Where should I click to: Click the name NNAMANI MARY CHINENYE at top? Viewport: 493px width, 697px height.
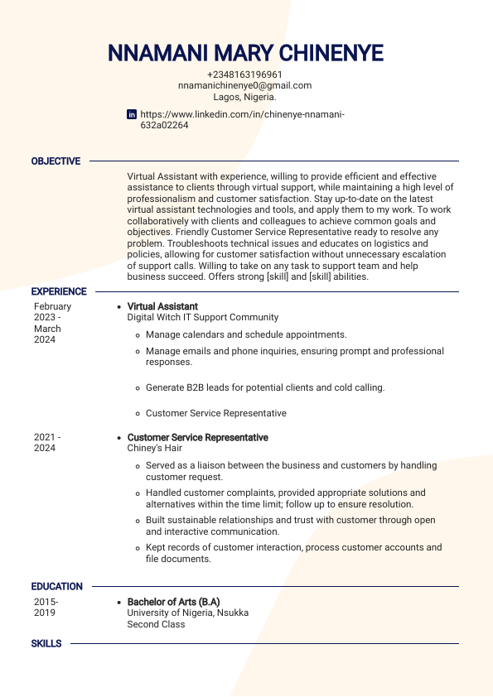pyautogui.click(x=245, y=54)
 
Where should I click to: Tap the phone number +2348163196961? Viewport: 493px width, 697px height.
pyautogui.click(x=244, y=75)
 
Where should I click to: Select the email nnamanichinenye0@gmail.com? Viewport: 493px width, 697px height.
pyautogui.click(x=244, y=85)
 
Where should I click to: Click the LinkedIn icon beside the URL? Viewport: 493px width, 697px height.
pyautogui.click(x=132, y=114)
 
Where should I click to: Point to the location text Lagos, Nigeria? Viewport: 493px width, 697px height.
pyautogui.click(x=244, y=97)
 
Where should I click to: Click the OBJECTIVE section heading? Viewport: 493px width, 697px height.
pyautogui.click(x=56, y=161)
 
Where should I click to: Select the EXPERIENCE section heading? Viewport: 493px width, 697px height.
pyautogui.click(x=59, y=291)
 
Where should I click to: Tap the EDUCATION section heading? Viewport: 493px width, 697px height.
pyautogui.click(x=57, y=586)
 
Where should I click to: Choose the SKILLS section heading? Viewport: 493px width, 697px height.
pyautogui.click(x=46, y=643)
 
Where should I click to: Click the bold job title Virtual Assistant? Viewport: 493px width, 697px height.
pyautogui.click(x=162, y=306)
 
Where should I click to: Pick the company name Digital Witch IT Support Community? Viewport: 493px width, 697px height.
pyautogui.click(x=203, y=317)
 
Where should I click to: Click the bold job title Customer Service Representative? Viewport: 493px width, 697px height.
pyautogui.click(x=197, y=437)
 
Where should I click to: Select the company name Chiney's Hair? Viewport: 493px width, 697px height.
pyautogui.click(x=155, y=448)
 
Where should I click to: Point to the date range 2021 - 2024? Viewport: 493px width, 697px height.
pyautogui.click(x=47, y=443)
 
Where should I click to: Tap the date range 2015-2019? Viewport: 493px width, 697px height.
pyautogui.click(x=46, y=608)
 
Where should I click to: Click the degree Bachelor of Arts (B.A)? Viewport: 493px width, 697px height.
pyautogui.click(x=173, y=602)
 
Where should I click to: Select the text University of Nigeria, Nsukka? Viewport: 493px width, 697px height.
pyautogui.click(x=187, y=613)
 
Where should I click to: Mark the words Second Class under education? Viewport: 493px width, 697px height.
pyautogui.click(x=156, y=624)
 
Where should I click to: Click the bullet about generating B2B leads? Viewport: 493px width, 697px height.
pyautogui.click(x=265, y=387)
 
